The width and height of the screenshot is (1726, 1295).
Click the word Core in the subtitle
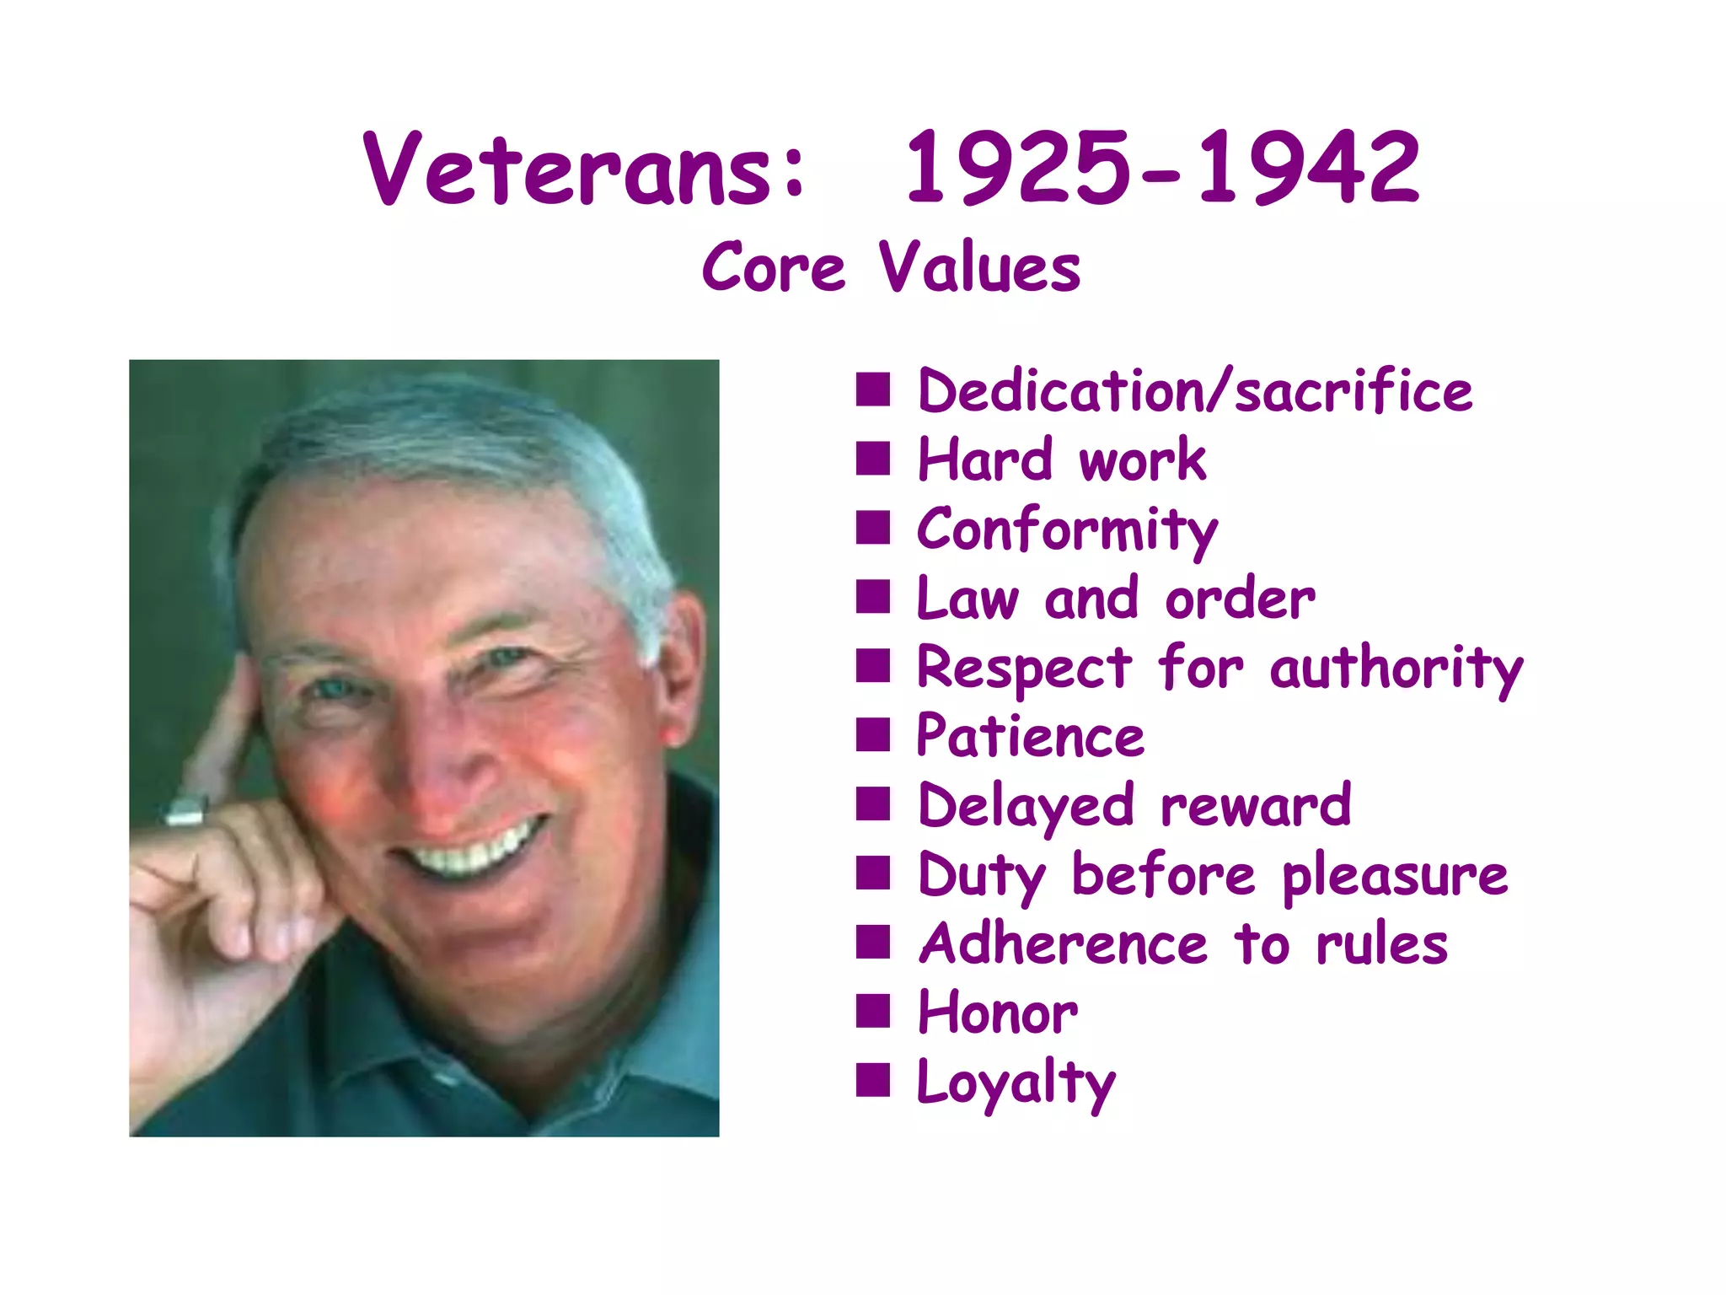[x=773, y=268]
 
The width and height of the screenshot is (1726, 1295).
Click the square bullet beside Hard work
[x=872, y=459]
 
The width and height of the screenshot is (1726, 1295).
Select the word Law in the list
[x=968, y=599]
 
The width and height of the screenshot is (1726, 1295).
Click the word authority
[x=1396, y=669]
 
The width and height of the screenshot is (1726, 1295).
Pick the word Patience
[x=1030, y=737]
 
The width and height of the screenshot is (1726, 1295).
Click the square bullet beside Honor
[x=872, y=1011]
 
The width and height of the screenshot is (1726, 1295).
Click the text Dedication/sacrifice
[x=1194, y=392]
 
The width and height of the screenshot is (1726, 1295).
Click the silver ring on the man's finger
[x=185, y=811]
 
